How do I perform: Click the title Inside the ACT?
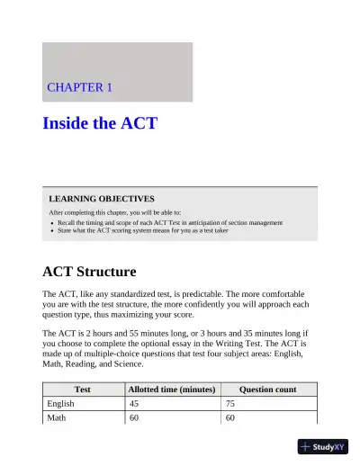click(x=100, y=122)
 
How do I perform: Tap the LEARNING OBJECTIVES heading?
click(x=101, y=198)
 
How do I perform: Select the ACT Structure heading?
click(x=89, y=271)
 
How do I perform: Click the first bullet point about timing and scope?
click(x=170, y=222)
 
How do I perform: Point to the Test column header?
click(x=82, y=390)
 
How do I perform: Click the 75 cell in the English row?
click(x=231, y=404)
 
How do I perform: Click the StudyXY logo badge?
click(x=323, y=446)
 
